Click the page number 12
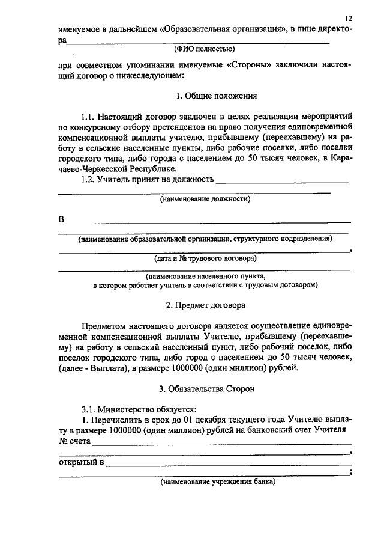(x=349, y=19)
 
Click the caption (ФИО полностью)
(x=204, y=50)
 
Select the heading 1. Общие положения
(x=217, y=96)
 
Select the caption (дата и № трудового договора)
(x=205, y=258)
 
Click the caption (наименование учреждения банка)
(x=217, y=481)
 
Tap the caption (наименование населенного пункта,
(x=205, y=277)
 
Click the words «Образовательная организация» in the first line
(x=222, y=29)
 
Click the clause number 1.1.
(x=88, y=114)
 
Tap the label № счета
(x=74, y=440)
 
